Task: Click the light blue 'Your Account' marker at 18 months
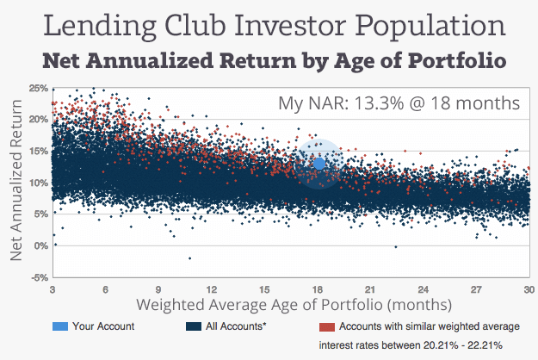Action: point(318,163)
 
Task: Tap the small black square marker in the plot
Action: point(413,158)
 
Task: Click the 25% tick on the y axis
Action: point(38,88)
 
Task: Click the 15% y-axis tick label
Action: point(38,151)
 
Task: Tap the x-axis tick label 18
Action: point(318,290)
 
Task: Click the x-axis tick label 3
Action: point(53,290)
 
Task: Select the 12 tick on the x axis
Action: point(212,290)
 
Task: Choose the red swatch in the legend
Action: point(325,326)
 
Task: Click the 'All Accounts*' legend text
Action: point(237,326)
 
